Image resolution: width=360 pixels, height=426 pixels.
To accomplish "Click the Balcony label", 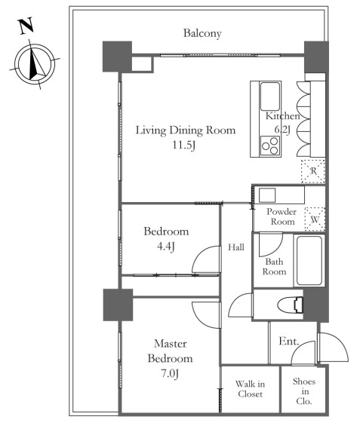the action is tap(202, 34).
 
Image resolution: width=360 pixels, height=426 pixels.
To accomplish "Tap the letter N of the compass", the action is tap(26, 26).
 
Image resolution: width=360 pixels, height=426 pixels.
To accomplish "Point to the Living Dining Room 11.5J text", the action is tap(186, 137).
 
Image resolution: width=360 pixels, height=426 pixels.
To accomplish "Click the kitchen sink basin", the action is tap(269, 97).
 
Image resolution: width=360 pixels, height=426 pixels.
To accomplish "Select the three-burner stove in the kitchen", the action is tap(270, 146).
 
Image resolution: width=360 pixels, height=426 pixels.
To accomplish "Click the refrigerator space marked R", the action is tap(313, 171).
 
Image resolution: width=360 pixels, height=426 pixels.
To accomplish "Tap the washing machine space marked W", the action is tap(315, 219).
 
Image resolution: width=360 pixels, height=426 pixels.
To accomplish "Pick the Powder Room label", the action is tap(282, 216).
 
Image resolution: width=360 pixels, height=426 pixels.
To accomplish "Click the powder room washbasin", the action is tap(267, 195).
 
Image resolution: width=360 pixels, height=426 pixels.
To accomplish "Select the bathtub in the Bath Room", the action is tap(309, 260).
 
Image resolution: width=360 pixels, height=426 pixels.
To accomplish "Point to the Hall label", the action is tap(236, 247).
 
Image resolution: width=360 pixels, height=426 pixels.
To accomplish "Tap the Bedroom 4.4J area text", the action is tap(166, 239).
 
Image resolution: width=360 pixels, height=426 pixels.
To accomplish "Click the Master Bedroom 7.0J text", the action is tap(171, 359).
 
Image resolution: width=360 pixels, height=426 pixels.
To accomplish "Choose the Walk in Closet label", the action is tap(250, 389).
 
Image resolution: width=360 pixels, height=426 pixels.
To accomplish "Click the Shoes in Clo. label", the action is tap(304, 391).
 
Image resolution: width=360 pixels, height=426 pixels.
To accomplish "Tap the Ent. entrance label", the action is tap(289, 341).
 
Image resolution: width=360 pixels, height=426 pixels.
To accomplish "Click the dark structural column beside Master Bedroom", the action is tap(118, 305).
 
